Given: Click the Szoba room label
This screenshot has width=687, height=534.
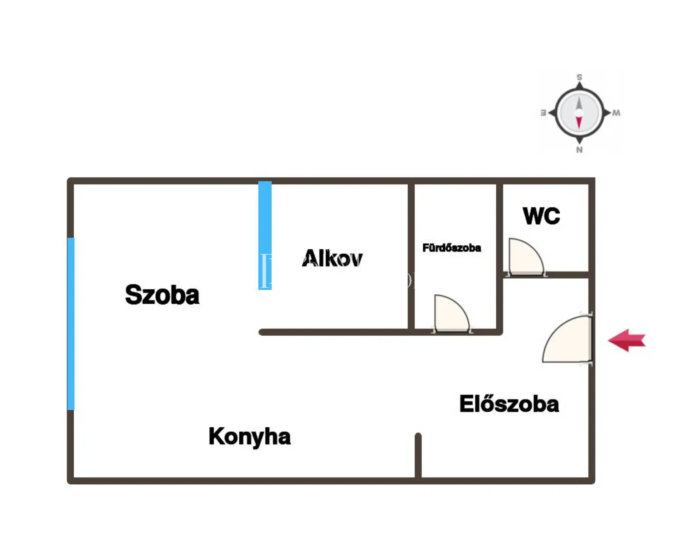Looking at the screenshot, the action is pos(162,295).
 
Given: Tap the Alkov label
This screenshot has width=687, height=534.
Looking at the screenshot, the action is pos(332,258).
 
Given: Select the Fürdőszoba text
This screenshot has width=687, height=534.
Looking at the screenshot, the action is pos(452,248).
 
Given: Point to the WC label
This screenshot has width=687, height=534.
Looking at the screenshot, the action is pos(541,216).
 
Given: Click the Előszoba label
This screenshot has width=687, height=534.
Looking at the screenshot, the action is pos(509,404).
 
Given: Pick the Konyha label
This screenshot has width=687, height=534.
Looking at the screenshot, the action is pos(249,437).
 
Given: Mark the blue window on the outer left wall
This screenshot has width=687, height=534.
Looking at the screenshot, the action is pos(71,324).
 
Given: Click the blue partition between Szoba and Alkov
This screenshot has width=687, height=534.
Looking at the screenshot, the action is pos(265,235).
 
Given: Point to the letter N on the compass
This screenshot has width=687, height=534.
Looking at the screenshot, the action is pos(579,150).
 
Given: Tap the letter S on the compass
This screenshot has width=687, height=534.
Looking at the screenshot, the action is pos(579,77).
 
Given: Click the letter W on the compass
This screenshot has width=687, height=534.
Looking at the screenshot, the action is pos(616,113).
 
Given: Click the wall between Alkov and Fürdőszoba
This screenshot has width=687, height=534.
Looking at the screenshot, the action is pos(411,256).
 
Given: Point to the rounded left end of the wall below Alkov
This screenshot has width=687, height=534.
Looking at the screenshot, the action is pos(262,332).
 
